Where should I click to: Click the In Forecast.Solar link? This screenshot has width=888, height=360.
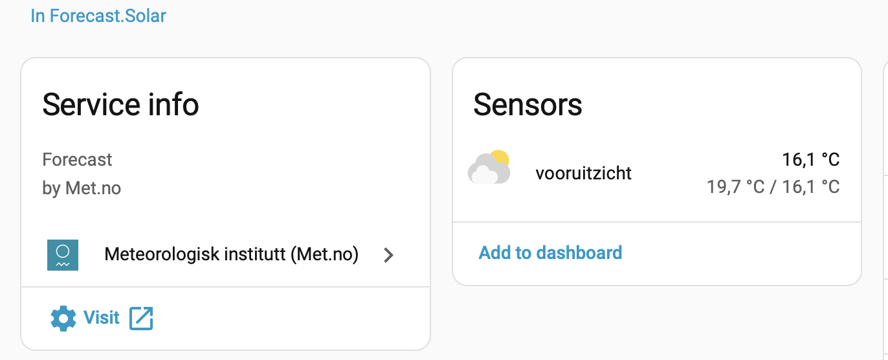coord(98,16)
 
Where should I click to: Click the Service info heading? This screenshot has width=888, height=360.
coord(120,104)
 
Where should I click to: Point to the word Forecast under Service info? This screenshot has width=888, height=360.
coord(77,159)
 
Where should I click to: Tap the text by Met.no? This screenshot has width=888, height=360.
coord(82,188)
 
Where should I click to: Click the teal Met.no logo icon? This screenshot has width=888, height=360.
coord(63,255)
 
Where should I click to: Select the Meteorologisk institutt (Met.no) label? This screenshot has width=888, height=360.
coord(231,254)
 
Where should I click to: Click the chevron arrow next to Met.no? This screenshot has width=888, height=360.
coord(388,255)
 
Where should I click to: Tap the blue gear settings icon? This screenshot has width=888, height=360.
coord(63,318)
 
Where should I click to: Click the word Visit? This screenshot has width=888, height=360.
coord(102,317)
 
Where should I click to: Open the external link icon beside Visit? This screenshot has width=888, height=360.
coord(141,318)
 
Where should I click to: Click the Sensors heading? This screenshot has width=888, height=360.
coord(527,104)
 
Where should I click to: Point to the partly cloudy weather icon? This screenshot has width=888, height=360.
coord(489,168)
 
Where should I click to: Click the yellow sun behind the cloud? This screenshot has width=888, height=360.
coord(500,158)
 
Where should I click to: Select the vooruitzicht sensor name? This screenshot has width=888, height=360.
coord(583,173)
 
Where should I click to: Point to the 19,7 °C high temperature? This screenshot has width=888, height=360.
coord(736,187)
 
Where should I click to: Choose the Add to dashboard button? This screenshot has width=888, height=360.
coord(550,253)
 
